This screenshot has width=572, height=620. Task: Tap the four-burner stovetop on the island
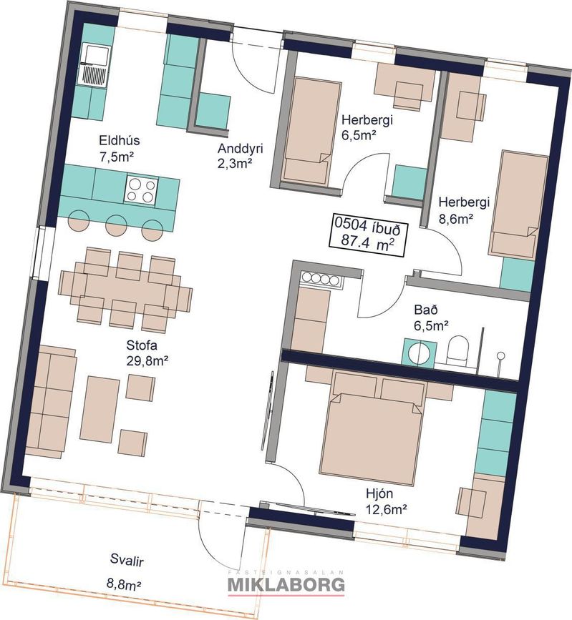click(141, 190)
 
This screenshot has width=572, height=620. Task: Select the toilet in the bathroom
click(457, 350)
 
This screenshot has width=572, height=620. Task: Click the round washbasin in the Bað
click(420, 353)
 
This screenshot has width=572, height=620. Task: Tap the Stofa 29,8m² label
click(147, 353)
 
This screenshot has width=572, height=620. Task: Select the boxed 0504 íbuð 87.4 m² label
click(367, 237)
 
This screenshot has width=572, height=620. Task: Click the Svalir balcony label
click(127, 561)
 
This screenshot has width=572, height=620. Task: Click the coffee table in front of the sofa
click(100, 410)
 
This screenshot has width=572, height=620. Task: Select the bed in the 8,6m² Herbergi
click(518, 205)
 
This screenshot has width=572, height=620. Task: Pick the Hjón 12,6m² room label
click(386, 501)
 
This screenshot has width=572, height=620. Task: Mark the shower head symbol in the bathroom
click(500, 355)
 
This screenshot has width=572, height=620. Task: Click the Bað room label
click(431, 317)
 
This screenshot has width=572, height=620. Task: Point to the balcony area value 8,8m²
click(124, 584)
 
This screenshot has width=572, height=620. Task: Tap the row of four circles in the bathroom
click(320, 279)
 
